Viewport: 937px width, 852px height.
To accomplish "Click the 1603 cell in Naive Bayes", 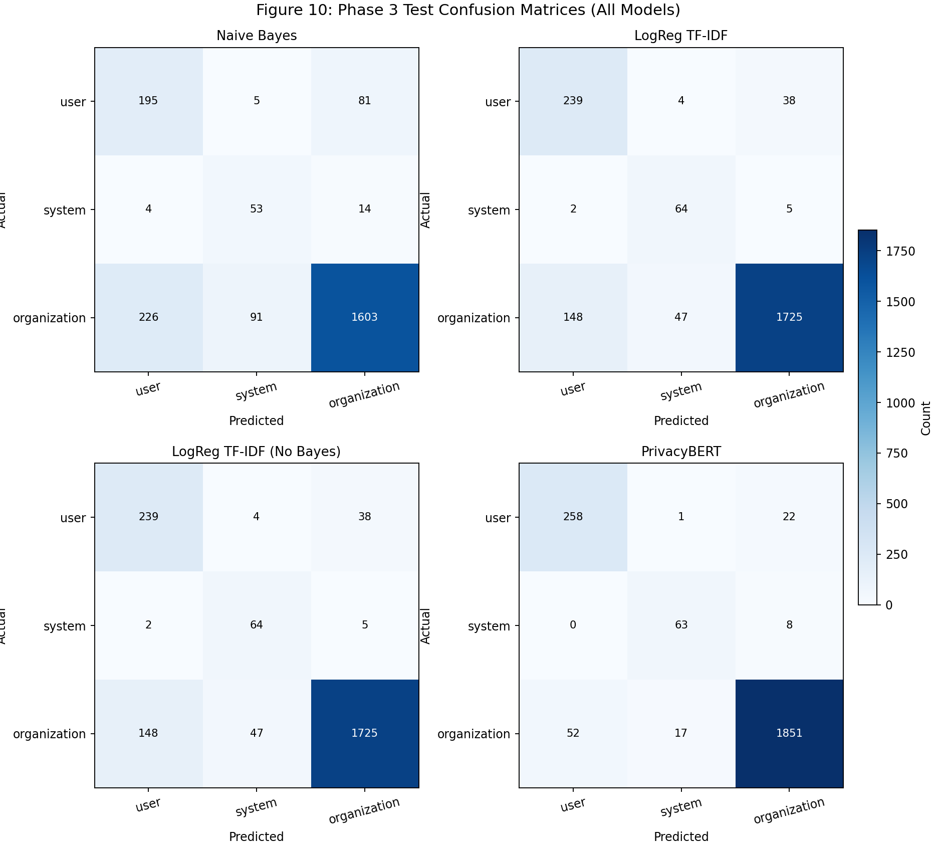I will click(x=364, y=317).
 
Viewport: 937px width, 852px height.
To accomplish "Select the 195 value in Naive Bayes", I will click(x=148, y=101).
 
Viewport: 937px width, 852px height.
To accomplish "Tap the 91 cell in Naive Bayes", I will click(x=256, y=317).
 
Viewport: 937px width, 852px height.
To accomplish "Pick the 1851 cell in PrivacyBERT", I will click(x=789, y=733).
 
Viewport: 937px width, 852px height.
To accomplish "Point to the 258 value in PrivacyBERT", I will click(x=573, y=517).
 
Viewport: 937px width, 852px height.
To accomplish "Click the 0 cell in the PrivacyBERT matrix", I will click(x=573, y=625).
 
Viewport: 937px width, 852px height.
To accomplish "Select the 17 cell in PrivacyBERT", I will click(x=681, y=733).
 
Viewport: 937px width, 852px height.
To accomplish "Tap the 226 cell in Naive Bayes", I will click(x=148, y=317).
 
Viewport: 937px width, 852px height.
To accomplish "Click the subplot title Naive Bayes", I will click(x=257, y=36).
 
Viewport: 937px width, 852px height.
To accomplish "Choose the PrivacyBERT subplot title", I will click(x=681, y=452).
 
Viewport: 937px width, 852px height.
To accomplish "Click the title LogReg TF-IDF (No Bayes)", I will click(x=257, y=452).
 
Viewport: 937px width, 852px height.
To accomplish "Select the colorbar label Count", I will click(x=925, y=418).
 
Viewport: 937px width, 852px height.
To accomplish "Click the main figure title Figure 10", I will click(x=468, y=10).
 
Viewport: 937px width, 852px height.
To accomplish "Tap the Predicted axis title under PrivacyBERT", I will click(x=681, y=836).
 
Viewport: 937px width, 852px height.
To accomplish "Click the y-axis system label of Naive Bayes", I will click(x=65, y=210).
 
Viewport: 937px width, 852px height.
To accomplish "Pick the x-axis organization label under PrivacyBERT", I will click(x=789, y=811).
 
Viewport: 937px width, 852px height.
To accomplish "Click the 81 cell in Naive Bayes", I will click(x=364, y=101).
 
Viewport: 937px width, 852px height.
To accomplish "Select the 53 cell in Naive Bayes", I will click(x=256, y=209).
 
